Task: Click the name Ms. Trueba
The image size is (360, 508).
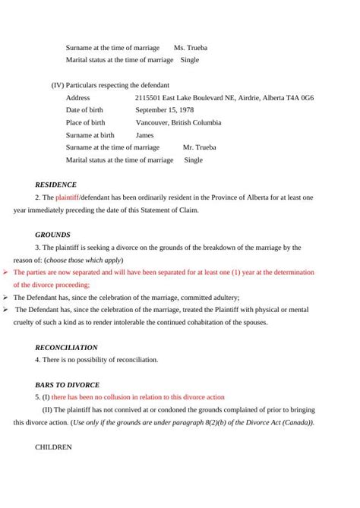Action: tap(191, 48)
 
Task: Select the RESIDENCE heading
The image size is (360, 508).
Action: tap(55, 185)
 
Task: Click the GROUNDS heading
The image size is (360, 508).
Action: tap(52, 235)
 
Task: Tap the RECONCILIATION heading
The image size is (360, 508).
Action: tap(66, 347)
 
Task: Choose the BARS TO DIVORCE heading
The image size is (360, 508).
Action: tap(67, 384)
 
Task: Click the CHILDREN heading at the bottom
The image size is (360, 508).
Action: tap(53, 447)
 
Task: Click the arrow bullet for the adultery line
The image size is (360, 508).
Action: tap(6, 297)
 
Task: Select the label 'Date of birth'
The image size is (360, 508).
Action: tap(84, 110)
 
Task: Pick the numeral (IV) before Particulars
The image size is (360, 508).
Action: tap(57, 85)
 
